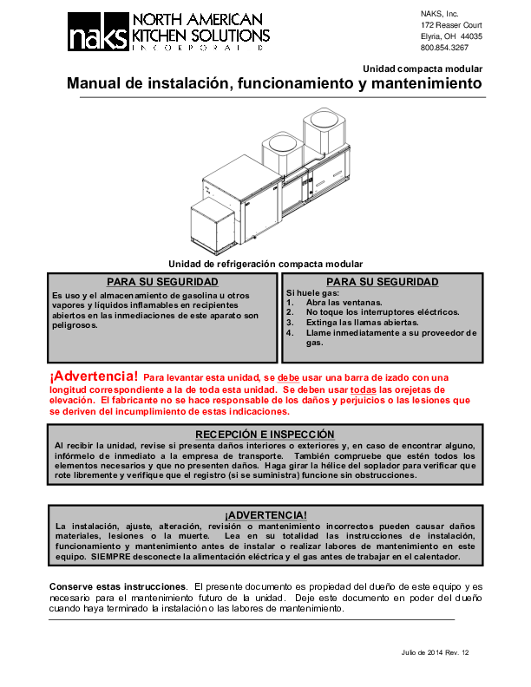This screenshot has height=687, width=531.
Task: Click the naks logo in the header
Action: (x=99, y=36)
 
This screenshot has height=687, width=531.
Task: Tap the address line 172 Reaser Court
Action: (x=451, y=25)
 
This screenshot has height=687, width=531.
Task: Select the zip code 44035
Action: (x=472, y=37)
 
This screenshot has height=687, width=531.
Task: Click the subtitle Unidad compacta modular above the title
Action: (x=423, y=69)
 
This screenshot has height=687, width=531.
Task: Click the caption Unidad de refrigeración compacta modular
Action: (x=265, y=264)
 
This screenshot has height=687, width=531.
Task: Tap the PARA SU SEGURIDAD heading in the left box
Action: (x=162, y=282)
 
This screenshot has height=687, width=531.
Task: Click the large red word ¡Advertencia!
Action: (x=94, y=376)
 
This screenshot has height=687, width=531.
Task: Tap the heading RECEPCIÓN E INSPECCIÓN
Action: (x=265, y=434)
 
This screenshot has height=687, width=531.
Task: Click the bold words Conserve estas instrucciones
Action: (x=116, y=587)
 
